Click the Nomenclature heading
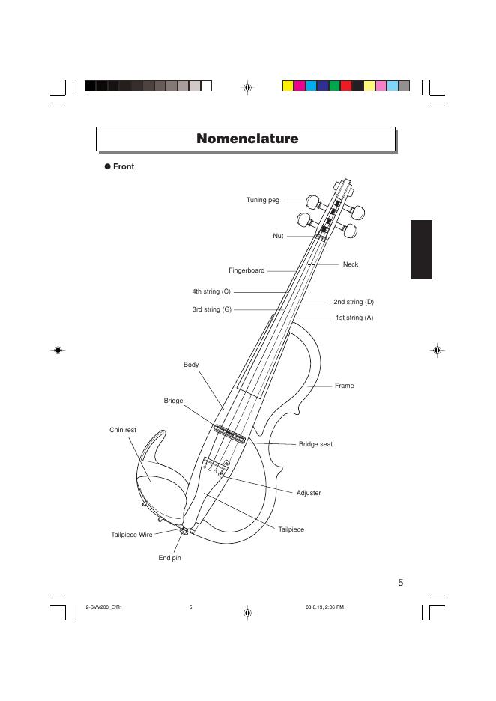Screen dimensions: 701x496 (247, 139)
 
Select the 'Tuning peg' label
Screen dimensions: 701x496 (262, 200)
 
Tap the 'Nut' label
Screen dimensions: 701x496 (278, 236)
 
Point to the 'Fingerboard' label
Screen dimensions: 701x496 (247, 270)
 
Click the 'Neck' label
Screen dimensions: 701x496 (350, 264)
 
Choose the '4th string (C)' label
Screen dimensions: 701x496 (211, 291)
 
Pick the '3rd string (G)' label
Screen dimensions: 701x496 (211, 309)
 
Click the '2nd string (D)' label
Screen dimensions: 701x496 (353, 302)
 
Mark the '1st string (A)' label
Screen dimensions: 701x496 (354, 318)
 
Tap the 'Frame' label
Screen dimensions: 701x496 (344, 386)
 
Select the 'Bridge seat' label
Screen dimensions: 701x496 (315, 444)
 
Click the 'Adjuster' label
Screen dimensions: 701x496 (309, 493)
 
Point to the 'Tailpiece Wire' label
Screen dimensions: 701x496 (131, 535)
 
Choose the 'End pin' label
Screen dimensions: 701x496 (169, 558)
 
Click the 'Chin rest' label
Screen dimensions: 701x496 (123, 430)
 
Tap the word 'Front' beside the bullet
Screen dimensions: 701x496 (124, 166)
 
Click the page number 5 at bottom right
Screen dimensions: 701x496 (401, 583)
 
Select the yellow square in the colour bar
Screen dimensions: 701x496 (288, 85)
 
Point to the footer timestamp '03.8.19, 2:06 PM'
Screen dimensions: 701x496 (324, 607)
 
